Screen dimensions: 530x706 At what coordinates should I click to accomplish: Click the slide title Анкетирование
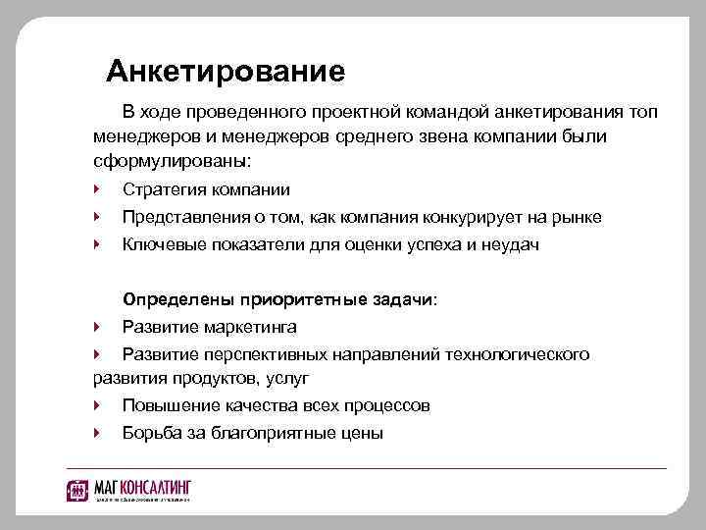pyautogui.click(x=226, y=72)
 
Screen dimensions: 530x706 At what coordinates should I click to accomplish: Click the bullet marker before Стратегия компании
pyautogui.click(x=96, y=189)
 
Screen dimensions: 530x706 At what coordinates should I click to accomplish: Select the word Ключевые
pyautogui.click(x=160, y=244)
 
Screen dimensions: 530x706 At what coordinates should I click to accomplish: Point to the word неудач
pyautogui.click(x=514, y=244)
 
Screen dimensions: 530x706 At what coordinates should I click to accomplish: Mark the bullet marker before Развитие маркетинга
pyautogui.click(x=96, y=327)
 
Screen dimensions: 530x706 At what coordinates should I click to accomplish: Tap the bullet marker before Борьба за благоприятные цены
pyautogui.click(x=96, y=433)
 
